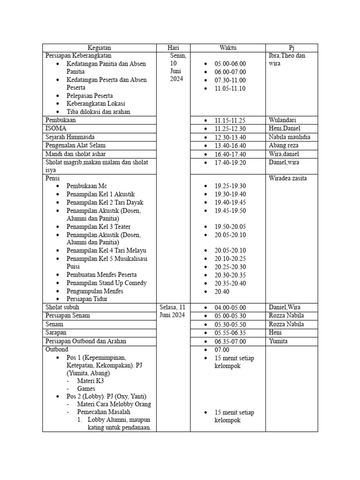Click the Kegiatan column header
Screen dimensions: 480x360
pyautogui.click(x=99, y=48)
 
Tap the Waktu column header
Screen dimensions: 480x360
pyautogui.click(x=228, y=48)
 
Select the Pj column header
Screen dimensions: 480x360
pyautogui.click(x=292, y=48)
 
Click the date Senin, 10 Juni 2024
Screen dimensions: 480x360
pyautogui.click(x=177, y=67)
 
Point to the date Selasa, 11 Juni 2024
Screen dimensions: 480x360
pyautogui.click(x=173, y=311)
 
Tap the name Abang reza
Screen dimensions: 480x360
pyautogui.click(x=284, y=145)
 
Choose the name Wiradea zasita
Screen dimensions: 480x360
pyautogui.click(x=288, y=178)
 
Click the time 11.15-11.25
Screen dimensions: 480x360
pyautogui.click(x=230, y=120)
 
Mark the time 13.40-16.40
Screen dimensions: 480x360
pyautogui.click(x=230, y=146)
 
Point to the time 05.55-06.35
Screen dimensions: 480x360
pyautogui.click(x=230, y=333)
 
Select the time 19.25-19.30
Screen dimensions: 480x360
pyautogui.click(x=230, y=186)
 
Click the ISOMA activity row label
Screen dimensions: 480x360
pyautogui.click(x=56, y=128)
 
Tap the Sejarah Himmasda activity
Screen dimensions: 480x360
pyautogui.click(x=70, y=137)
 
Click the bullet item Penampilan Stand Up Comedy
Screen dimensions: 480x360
pyautogui.click(x=106, y=283)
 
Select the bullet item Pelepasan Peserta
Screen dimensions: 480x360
pyautogui.click(x=90, y=95)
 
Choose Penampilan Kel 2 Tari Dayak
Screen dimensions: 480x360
pyautogui.click(x=105, y=202)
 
